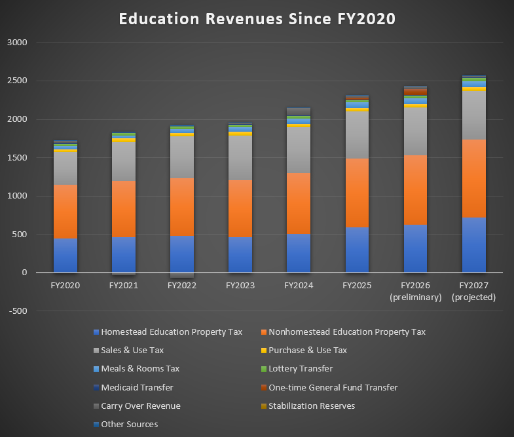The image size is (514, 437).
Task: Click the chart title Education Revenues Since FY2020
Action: click(257, 19)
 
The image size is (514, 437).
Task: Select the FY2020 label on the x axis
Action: click(65, 286)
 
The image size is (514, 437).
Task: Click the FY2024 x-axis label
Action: click(299, 286)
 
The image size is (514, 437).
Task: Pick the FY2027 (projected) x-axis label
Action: click(473, 291)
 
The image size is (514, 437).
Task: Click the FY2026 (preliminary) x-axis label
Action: click(415, 291)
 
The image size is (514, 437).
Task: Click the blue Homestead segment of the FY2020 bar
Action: click(65, 255)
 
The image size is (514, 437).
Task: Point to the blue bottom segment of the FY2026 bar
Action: click(415, 248)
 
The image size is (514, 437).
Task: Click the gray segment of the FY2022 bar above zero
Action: click(182, 157)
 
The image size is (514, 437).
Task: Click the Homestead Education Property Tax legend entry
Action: click(172, 332)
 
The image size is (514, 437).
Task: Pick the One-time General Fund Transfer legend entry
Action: click(333, 388)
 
